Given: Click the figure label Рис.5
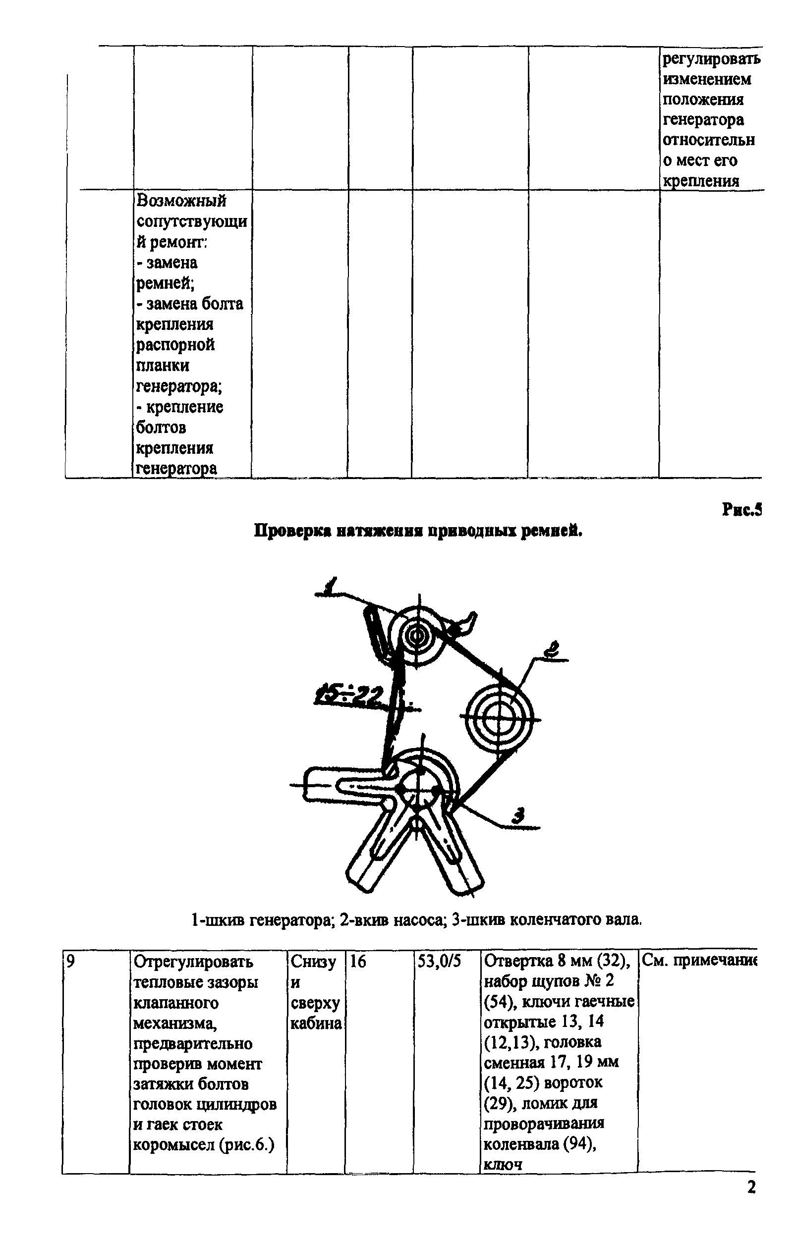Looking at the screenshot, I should tap(742, 510).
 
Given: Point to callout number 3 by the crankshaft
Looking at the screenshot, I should tap(519, 815).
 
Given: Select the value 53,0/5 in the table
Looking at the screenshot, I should tap(439, 962).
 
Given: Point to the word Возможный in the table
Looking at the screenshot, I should tap(181, 201).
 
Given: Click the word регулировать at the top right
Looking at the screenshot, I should tap(711, 59).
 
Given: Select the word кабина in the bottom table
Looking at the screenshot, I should tap(316, 1024).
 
